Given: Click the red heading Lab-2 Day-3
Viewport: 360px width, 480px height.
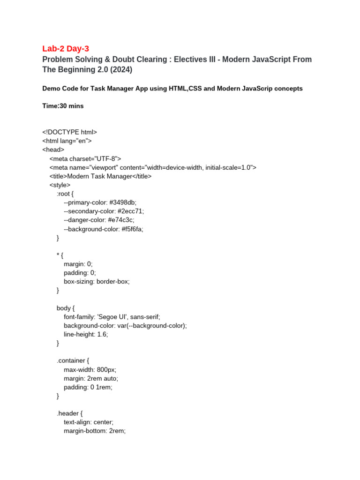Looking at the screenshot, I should coord(65,49).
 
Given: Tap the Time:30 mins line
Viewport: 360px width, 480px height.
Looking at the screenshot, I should coord(63,106).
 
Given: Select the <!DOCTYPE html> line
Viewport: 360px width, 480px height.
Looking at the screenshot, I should coord(69,132).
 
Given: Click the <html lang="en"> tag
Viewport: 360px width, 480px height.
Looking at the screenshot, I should coord(67,141).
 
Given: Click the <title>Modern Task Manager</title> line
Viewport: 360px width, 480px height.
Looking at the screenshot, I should coord(100,176).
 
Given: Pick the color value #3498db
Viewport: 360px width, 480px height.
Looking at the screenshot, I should coord(123,202).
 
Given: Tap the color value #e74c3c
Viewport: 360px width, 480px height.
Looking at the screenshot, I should coord(121,220).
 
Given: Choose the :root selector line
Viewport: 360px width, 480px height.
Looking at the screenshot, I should coord(65,194).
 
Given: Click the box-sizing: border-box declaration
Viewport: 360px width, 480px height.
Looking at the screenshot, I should coord(97,281).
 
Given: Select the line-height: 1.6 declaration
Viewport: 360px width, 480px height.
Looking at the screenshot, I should coord(86,334).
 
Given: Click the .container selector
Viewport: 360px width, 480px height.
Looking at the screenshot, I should coord(73,360).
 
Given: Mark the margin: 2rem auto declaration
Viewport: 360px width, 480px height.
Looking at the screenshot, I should coord(91,378).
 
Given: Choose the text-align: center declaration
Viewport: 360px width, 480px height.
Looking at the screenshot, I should coord(89,422).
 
